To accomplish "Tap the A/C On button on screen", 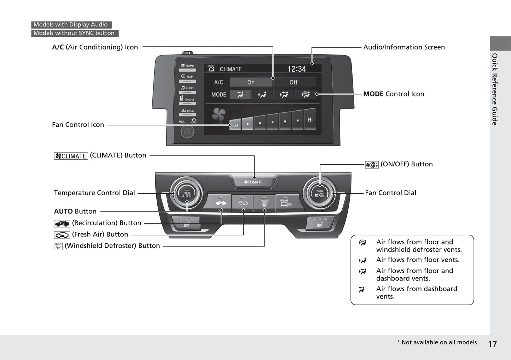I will click(251, 82).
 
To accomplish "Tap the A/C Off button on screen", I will click(294, 82).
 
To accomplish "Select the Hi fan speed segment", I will click(310, 120).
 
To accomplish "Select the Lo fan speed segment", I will click(235, 124).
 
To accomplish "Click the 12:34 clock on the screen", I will click(297, 69).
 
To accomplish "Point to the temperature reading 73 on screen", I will click(211, 69).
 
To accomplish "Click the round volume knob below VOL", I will click(187, 131).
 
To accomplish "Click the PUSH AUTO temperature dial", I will click(186, 194).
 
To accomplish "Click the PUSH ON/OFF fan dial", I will click(320, 194).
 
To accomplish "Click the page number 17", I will click(493, 344).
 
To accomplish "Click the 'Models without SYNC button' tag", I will click(74, 33).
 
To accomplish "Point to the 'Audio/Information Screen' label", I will click(404, 47).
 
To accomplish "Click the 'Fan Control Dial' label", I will click(390, 193).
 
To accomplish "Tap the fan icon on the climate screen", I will click(219, 114).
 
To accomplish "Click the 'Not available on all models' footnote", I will click(437, 342).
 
